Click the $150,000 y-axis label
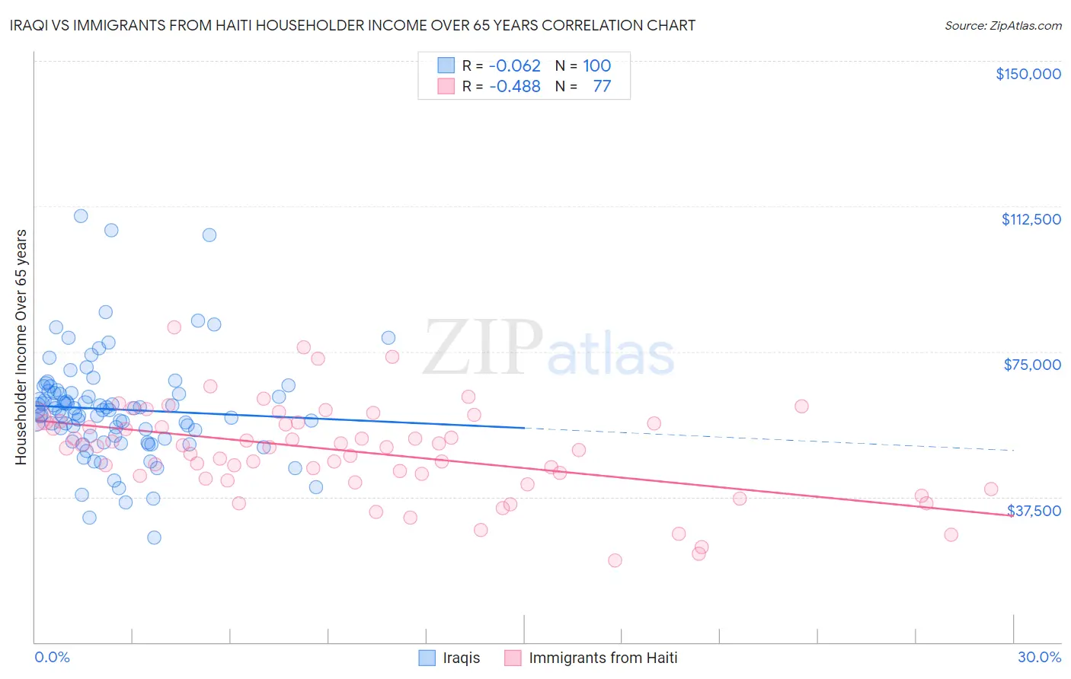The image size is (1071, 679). tap(1028, 74)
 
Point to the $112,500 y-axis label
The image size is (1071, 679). tap(1031, 219)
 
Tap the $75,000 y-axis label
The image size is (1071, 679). tap(1032, 365)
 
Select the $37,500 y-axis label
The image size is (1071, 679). tap(1034, 511)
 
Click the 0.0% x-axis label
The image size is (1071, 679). tap(52, 657)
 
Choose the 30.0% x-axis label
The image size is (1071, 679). tap(1039, 657)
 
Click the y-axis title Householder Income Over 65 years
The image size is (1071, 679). tap(21, 346)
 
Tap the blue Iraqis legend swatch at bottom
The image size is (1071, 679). tap(427, 658)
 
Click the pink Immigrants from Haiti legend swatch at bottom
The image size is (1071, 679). tap(513, 658)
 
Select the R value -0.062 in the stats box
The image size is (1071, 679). tap(514, 66)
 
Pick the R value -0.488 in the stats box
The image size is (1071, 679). tap(514, 87)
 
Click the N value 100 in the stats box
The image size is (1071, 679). tap(597, 66)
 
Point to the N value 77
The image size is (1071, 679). tap(602, 87)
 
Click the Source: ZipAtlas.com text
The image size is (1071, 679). tap(1002, 26)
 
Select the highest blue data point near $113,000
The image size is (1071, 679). tap(80, 216)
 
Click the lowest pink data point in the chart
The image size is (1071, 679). tap(615, 560)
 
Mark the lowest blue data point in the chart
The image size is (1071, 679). tap(154, 537)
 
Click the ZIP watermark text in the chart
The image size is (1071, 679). tap(483, 347)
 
